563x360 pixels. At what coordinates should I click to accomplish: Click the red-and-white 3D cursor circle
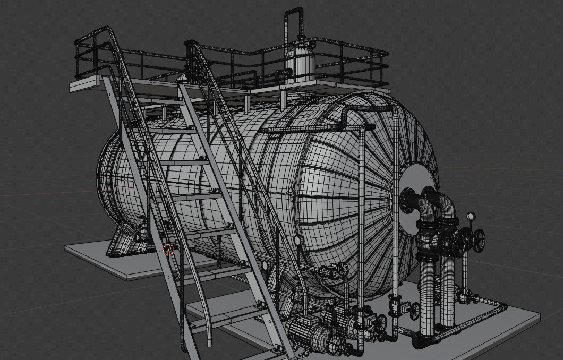[169, 248]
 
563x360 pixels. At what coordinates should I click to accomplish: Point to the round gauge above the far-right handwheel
[471, 216]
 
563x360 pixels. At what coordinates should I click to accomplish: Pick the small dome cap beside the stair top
[182, 78]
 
